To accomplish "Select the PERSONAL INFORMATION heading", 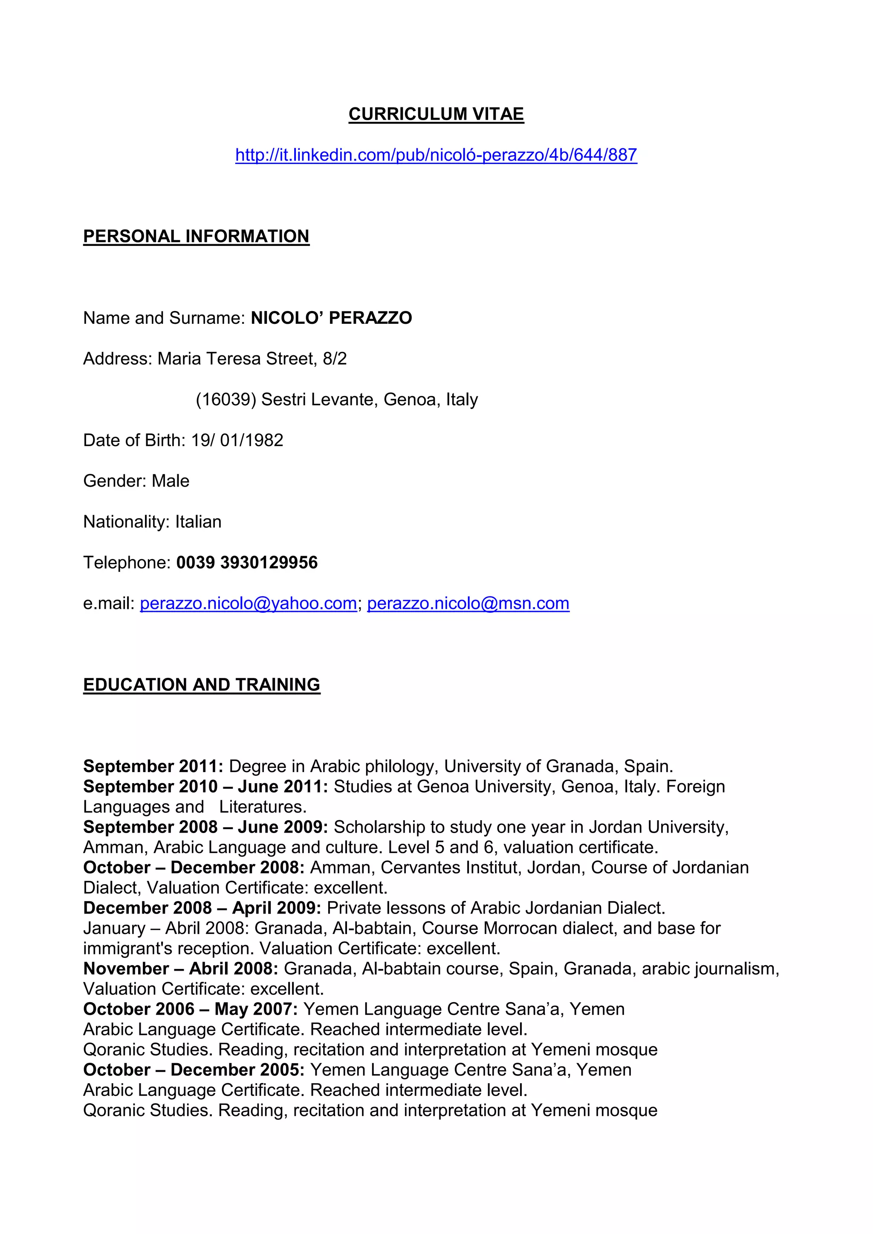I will [196, 236].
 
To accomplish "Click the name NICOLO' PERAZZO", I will [331, 318].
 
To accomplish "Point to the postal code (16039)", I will [226, 400].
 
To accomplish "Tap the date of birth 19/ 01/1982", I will [237, 440].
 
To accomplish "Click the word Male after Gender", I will [171, 481].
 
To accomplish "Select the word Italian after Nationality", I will [198, 522].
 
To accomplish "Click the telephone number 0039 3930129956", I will [247, 563].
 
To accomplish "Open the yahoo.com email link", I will [249, 603].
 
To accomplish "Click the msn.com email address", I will [468, 603].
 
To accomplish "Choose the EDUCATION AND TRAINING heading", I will [202, 685].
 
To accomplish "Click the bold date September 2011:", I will [153, 767].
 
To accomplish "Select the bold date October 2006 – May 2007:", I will [190, 1009].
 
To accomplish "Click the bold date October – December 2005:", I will [194, 1070].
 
